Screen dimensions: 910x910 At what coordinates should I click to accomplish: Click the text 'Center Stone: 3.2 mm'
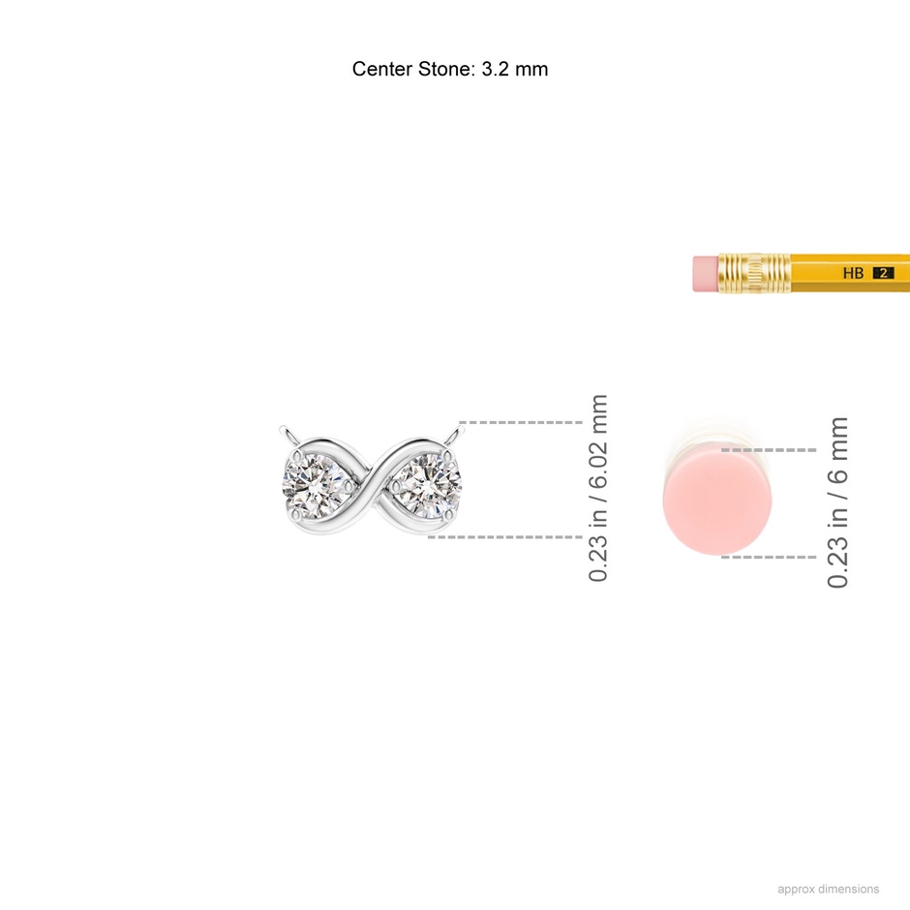(x=450, y=69)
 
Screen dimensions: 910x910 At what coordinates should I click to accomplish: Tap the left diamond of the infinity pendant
(x=316, y=484)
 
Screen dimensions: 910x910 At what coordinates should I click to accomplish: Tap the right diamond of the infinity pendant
(x=429, y=484)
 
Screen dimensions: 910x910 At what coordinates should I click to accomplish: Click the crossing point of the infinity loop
(x=372, y=485)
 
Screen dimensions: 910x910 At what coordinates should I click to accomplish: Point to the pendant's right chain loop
(x=456, y=434)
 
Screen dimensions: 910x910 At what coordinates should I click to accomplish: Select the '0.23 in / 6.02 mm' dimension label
(x=597, y=488)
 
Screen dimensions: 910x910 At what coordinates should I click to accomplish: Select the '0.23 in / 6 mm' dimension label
(x=837, y=502)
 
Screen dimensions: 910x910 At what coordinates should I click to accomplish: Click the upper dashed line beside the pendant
(x=521, y=422)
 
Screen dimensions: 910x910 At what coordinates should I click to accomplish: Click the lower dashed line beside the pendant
(x=505, y=537)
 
